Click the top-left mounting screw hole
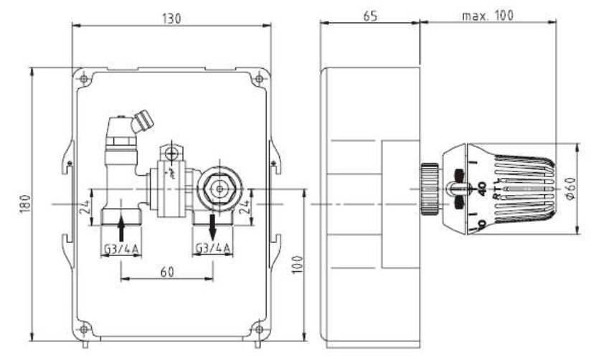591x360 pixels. point(85,77)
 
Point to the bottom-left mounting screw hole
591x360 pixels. point(85,329)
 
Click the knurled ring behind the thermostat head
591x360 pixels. point(429,186)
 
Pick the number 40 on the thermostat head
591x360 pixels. point(483,189)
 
